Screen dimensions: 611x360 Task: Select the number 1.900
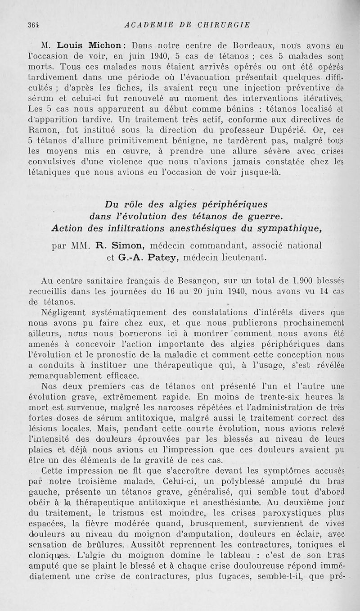click(x=306, y=280)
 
